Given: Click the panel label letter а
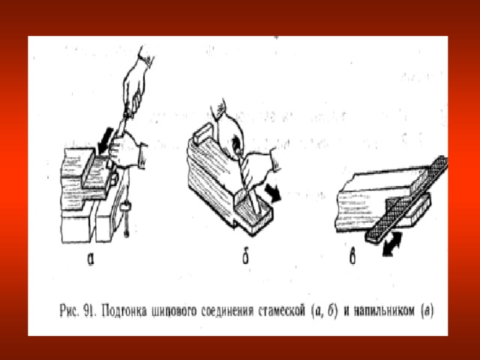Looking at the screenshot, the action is click(90, 259).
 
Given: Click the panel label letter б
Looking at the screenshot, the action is click(245, 257).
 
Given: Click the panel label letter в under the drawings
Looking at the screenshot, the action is click(352, 257).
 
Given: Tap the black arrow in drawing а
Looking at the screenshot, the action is click(104, 140).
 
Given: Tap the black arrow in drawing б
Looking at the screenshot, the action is click(273, 193).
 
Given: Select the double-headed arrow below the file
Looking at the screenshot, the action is click(391, 244).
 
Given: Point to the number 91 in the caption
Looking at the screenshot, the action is click(89, 311).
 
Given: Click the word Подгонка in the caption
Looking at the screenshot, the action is click(124, 312).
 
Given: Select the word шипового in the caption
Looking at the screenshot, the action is click(173, 312).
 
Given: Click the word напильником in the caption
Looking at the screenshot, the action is click(385, 311).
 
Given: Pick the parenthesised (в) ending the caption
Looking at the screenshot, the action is click(427, 311).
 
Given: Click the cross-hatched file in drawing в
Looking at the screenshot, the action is click(406, 199).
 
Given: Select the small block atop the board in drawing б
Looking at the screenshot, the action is click(202, 131).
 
